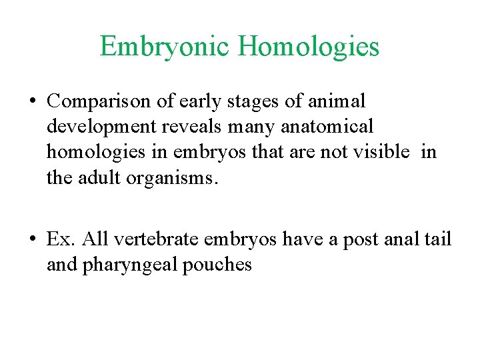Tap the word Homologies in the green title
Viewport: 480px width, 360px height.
pyautogui.click(x=307, y=47)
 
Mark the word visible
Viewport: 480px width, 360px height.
pyautogui.click(x=377, y=152)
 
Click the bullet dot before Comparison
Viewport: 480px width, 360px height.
pyautogui.click(x=32, y=102)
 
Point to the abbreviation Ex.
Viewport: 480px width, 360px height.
pyautogui.click(x=57, y=239)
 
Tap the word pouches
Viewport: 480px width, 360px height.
pyautogui.click(x=219, y=265)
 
